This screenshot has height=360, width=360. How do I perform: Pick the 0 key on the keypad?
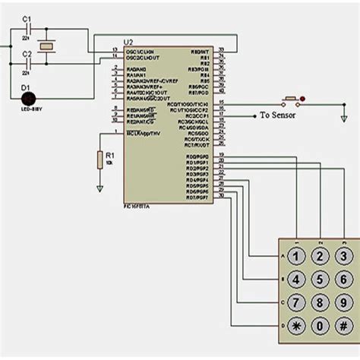click(x=321, y=327)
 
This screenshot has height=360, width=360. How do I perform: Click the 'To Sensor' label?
click(x=278, y=115)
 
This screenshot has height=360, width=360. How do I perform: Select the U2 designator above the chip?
click(x=128, y=43)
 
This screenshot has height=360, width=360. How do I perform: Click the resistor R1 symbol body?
click(x=99, y=159)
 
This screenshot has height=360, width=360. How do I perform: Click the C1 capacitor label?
click(x=27, y=18)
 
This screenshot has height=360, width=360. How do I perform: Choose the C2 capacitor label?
click(x=27, y=55)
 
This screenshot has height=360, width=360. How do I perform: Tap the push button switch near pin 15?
click(x=289, y=100)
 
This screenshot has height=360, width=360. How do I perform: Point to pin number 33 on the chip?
click(x=220, y=50)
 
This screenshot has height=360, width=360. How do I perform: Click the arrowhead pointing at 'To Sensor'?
click(x=252, y=115)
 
